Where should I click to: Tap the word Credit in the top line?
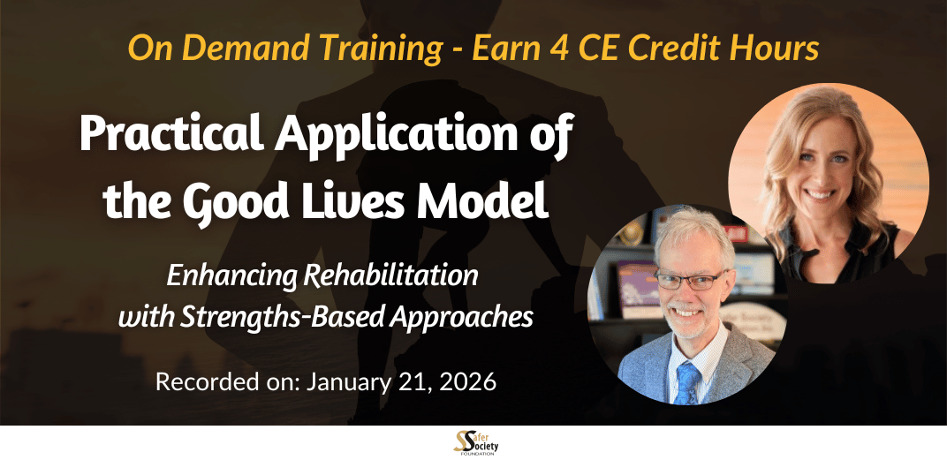pos(686,49)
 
